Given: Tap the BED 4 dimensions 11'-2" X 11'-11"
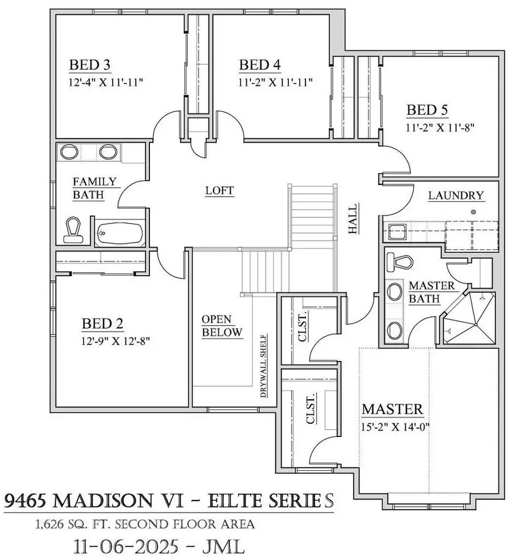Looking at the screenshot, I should tap(276, 82).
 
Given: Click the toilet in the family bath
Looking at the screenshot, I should tap(74, 228).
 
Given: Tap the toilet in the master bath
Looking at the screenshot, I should tap(399, 261).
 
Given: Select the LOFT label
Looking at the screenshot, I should tap(220, 190).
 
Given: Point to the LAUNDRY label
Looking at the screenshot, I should tap(456, 196).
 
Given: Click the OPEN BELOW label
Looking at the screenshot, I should tap(221, 325).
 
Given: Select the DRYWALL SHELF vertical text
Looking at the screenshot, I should tap(264, 366).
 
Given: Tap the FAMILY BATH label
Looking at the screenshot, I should tap(94, 188).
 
